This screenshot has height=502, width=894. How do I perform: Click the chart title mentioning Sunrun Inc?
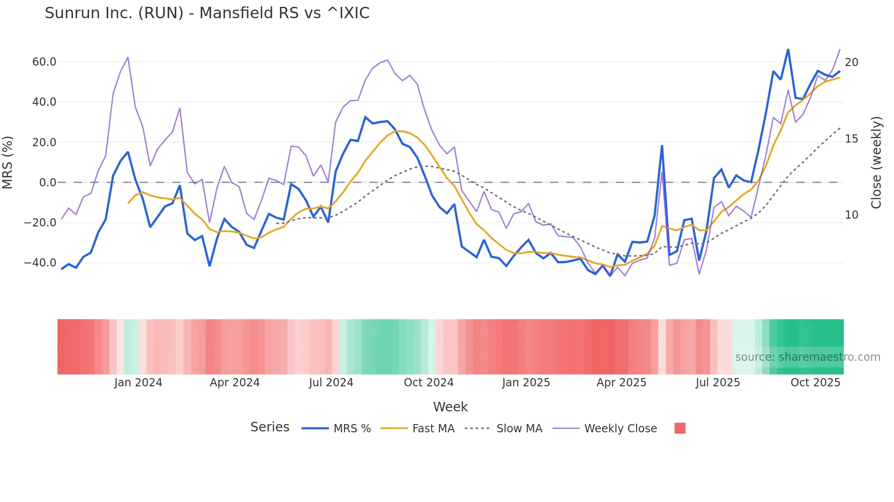[207, 13]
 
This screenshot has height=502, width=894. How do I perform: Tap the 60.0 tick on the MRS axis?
[44, 62]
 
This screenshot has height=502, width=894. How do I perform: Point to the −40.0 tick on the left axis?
[41, 263]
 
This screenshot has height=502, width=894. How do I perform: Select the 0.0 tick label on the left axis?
[48, 183]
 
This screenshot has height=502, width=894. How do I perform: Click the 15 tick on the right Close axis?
[852, 139]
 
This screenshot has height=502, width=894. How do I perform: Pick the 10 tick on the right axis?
[852, 215]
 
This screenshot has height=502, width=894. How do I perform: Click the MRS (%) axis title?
[8, 163]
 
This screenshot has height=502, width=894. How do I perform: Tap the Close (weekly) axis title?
[876, 163]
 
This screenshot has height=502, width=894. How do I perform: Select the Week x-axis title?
[450, 407]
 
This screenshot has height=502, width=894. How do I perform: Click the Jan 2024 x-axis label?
[138, 383]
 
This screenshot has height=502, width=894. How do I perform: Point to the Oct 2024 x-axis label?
[429, 383]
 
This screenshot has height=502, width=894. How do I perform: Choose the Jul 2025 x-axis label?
[718, 383]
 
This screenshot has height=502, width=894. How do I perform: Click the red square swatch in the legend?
[680, 428]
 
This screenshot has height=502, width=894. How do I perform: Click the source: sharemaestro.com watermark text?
[807, 357]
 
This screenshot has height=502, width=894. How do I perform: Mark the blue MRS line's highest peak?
[788, 49]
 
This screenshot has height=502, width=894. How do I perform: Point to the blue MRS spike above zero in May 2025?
[662, 146]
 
